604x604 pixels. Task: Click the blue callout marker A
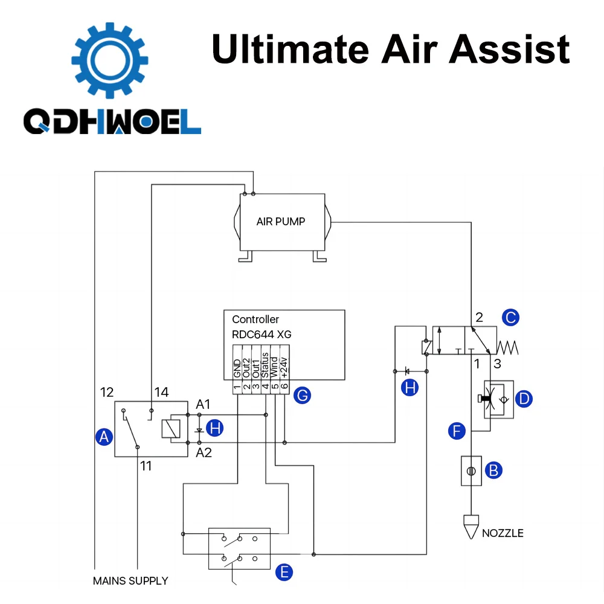(105, 437)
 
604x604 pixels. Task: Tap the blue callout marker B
(494, 470)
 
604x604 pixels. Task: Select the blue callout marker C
(511, 316)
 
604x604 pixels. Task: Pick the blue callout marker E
(284, 571)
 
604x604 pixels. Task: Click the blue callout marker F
(457, 431)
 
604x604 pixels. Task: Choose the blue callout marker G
(301, 396)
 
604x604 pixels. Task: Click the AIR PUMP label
(281, 221)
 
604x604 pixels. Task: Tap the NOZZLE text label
(503, 533)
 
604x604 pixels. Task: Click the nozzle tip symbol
(471, 526)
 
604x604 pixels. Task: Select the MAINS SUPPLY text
(130, 581)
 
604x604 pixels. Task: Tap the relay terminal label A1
(204, 404)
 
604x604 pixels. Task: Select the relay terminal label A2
(204, 452)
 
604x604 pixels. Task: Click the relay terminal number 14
(161, 393)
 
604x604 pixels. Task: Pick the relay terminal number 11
(146, 466)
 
